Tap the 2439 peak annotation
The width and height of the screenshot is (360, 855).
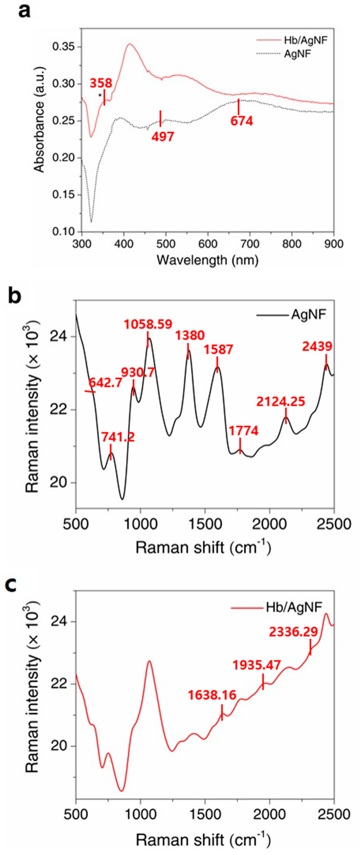[x=317, y=347]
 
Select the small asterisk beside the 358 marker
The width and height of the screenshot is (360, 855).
[x=100, y=96]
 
